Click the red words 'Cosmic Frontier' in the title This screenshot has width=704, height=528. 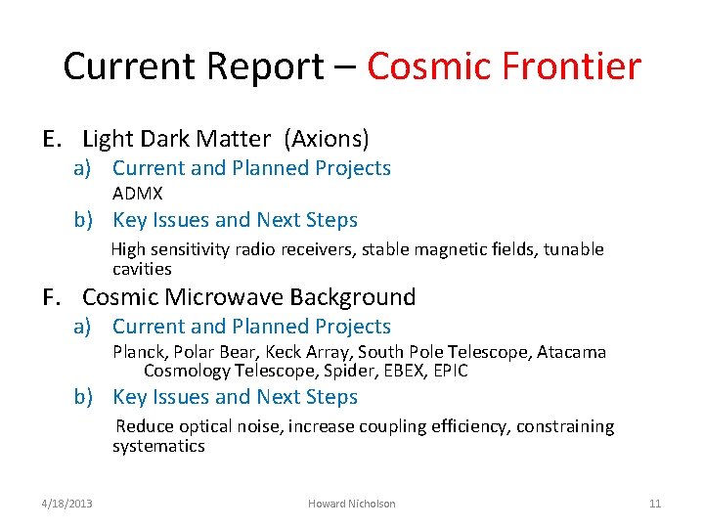tap(504, 67)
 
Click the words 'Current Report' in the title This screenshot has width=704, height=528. tap(193, 67)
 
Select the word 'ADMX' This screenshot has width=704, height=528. tap(138, 194)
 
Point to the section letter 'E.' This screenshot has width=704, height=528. tap(54, 139)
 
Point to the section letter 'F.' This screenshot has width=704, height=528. tap(54, 297)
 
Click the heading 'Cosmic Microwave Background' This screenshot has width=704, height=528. tap(249, 297)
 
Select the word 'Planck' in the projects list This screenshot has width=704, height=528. tap(138, 352)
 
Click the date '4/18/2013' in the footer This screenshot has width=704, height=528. tap(67, 504)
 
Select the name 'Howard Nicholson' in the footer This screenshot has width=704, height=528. tap(352, 504)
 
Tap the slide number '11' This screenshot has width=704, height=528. tap(655, 504)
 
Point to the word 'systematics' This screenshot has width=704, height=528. tap(158, 446)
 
